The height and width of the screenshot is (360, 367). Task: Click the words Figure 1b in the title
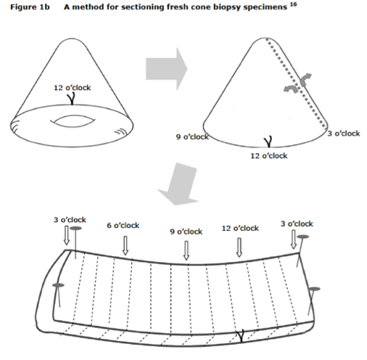click(30, 7)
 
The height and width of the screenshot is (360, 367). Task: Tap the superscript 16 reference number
click(293, 4)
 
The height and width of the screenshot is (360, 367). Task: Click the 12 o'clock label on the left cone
click(73, 88)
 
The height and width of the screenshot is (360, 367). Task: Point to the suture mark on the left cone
click(72, 99)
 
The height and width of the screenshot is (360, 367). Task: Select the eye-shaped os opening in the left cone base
click(73, 121)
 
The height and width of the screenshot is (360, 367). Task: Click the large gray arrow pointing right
click(167, 69)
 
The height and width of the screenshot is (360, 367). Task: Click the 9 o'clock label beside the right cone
click(192, 136)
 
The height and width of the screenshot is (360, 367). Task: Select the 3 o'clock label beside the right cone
click(344, 134)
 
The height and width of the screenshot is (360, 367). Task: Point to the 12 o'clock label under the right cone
click(269, 155)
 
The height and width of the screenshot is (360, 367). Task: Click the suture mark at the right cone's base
click(268, 142)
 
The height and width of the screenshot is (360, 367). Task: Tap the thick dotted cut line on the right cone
click(296, 82)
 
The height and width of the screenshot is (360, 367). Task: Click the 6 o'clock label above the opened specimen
click(123, 226)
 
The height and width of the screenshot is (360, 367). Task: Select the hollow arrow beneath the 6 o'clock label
click(125, 245)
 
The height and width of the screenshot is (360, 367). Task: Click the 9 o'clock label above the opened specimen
click(186, 232)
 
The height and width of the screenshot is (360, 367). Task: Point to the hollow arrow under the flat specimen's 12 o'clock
click(239, 247)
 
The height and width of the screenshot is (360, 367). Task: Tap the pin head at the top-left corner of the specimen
click(75, 228)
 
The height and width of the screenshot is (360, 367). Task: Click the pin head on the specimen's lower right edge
click(315, 289)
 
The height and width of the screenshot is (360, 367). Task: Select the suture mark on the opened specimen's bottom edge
click(240, 336)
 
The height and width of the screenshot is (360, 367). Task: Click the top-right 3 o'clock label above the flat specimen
click(297, 224)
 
